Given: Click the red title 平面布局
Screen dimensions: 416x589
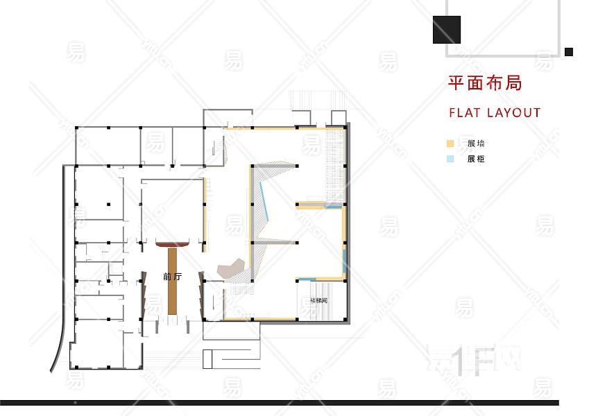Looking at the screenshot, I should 484,83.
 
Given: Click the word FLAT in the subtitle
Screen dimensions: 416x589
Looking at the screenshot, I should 465,112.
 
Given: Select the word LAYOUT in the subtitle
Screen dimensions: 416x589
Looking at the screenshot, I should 513,112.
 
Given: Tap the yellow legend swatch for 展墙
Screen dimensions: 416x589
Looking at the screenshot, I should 450,144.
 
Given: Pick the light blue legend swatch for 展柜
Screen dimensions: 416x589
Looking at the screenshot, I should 450,159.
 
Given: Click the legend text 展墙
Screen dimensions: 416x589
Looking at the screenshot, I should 476,144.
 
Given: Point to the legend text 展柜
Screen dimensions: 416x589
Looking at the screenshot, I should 476,159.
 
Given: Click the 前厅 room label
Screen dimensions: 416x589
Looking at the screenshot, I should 172,276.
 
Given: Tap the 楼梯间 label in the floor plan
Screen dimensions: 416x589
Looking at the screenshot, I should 318,301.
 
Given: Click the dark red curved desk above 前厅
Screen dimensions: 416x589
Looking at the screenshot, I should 173,243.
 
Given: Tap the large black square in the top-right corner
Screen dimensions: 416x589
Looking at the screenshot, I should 446,30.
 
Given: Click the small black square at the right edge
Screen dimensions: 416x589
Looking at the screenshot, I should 569,51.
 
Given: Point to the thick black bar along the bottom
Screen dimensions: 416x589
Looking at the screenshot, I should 278,402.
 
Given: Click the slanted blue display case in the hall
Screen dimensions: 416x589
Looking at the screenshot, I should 266,201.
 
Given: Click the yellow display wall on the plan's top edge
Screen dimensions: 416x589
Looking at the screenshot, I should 284,128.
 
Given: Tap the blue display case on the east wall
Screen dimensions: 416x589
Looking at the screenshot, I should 344,262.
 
